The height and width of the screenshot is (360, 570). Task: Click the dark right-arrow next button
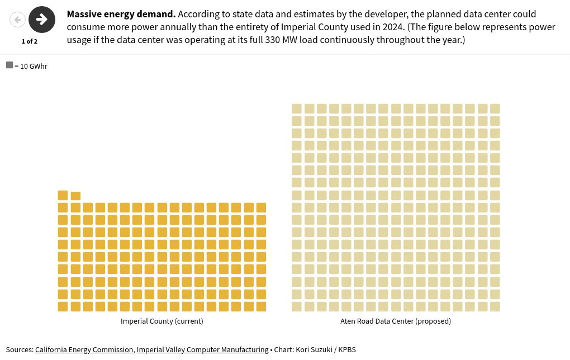coord(42,20)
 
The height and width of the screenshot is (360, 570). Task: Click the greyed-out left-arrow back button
coord(18,20)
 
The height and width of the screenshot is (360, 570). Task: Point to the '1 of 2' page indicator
coord(30,41)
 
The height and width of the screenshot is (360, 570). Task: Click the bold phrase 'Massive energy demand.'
coord(121,14)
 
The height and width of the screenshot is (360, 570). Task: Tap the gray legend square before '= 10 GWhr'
coord(9,65)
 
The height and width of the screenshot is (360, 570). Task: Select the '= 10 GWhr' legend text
coord(31,67)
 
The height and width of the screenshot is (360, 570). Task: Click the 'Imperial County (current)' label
coord(162,321)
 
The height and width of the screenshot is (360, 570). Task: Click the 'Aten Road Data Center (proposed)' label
coord(396,321)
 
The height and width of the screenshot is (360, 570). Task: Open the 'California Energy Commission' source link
coord(84,350)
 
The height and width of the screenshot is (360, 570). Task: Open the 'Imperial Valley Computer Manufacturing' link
coord(202,350)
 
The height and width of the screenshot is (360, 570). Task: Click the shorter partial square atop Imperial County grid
coord(75,196)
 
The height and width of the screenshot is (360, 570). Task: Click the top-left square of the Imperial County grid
coord(63,195)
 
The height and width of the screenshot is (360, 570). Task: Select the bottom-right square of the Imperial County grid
coord(261,306)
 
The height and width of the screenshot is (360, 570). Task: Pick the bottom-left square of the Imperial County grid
coord(63,306)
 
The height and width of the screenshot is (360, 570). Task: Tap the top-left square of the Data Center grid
coord(297,108)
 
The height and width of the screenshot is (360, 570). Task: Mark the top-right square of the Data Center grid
coord(495,108)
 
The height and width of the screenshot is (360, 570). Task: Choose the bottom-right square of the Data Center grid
coord(495,306)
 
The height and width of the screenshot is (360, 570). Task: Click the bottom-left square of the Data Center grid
coord(297,306)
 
